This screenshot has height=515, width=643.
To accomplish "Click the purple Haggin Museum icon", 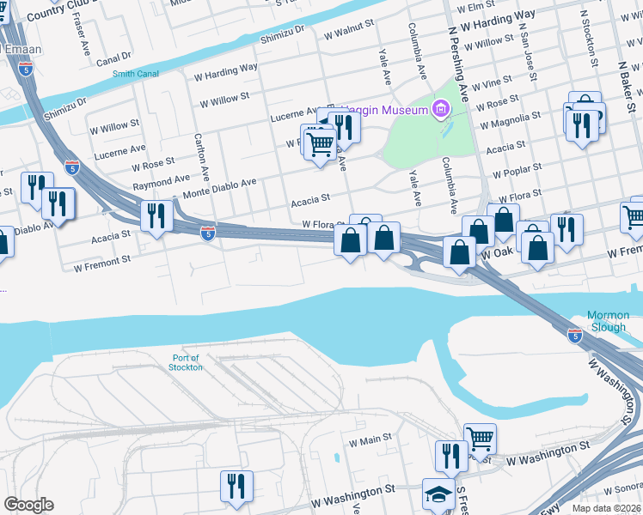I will [x=442, y=109].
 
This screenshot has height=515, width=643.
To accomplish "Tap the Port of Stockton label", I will [x=186, y=362].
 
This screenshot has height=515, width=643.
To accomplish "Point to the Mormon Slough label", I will [x=607, y=321].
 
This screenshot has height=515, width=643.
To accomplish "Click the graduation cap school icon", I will [x=437, y=494].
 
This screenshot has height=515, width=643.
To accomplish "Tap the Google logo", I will [x=28, y=505].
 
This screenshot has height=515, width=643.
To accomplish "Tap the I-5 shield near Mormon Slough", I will [x=575, y=336].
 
